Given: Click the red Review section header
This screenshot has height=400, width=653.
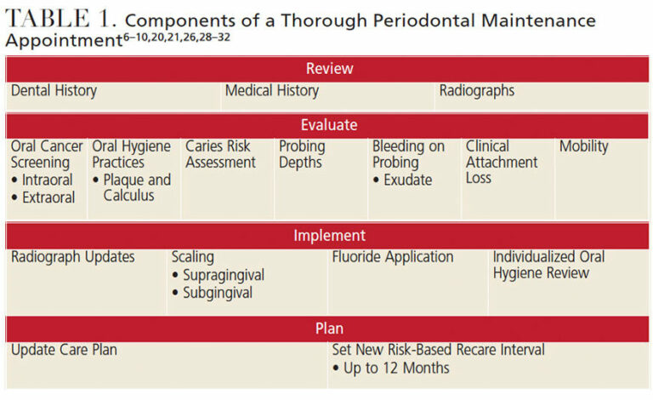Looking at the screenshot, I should coord(329,69).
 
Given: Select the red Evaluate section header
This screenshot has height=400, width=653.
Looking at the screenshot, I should coord(329,125).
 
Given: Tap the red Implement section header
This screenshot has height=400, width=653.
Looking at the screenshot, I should coord(329,236).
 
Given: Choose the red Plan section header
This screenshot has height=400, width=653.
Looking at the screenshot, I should coord(329,328).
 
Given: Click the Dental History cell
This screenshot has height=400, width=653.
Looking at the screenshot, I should coord(54,90).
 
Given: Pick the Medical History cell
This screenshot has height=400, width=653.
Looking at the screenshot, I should coord(272,90).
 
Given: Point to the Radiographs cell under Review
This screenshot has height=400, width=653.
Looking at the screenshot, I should coord(477,90).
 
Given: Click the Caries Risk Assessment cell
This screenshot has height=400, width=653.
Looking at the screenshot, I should coord(221,154).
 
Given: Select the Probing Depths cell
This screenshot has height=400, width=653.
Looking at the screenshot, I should coord(302,154).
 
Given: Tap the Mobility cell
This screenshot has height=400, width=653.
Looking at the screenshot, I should coord(584,146).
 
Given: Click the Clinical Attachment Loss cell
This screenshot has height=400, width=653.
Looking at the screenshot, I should coord(502,162).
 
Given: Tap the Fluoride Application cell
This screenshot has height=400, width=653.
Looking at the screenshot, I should coord(393,257).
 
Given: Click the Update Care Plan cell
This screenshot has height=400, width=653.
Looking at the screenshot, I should coord(65,350).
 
